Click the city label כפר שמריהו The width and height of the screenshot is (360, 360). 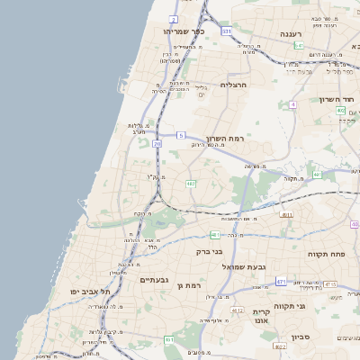click(x=184, y=31)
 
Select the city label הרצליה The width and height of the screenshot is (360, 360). click(x=233, y=85)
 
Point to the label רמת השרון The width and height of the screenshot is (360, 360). click(x=225, y=139)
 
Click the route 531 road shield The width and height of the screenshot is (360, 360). click(x=227, y=31)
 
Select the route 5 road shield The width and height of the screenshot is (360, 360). click(x=181, y=135)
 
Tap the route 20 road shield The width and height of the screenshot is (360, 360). click(x=157, y=143)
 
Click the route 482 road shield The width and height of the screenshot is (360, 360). click(x=190, y=184)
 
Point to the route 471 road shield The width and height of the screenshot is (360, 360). click(x=281, y=282)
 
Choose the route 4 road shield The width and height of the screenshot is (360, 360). click(x=293, y=104)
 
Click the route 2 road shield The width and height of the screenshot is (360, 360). click(x=174, y=19)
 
